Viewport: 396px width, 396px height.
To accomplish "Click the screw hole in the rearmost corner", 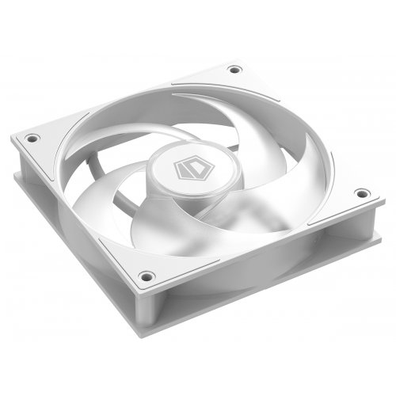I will pyautogui.click(x=234, y=70).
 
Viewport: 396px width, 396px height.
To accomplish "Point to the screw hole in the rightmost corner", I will pyautogui.click(x=360, y=192).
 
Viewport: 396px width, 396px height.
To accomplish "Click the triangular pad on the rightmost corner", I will pyautogui.click(x=348, y=198).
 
